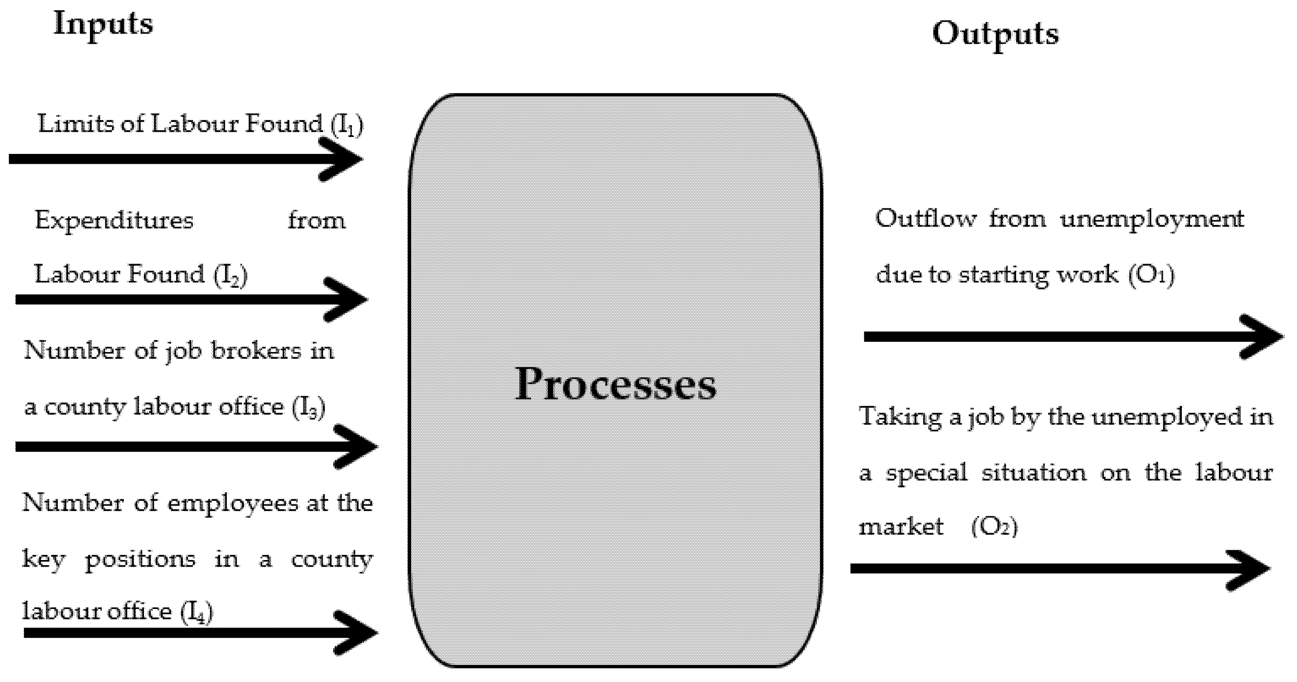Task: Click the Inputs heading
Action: point(103,24)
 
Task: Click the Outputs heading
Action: point(995,34)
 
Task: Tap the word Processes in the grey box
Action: point(615,384)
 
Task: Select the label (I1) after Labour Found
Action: point(347,125)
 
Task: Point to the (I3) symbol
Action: point(308,407)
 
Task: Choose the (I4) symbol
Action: point(197,613)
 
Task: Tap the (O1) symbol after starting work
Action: point(1151,275)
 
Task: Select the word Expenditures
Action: point(114,221)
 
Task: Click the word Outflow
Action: point(925,219)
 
